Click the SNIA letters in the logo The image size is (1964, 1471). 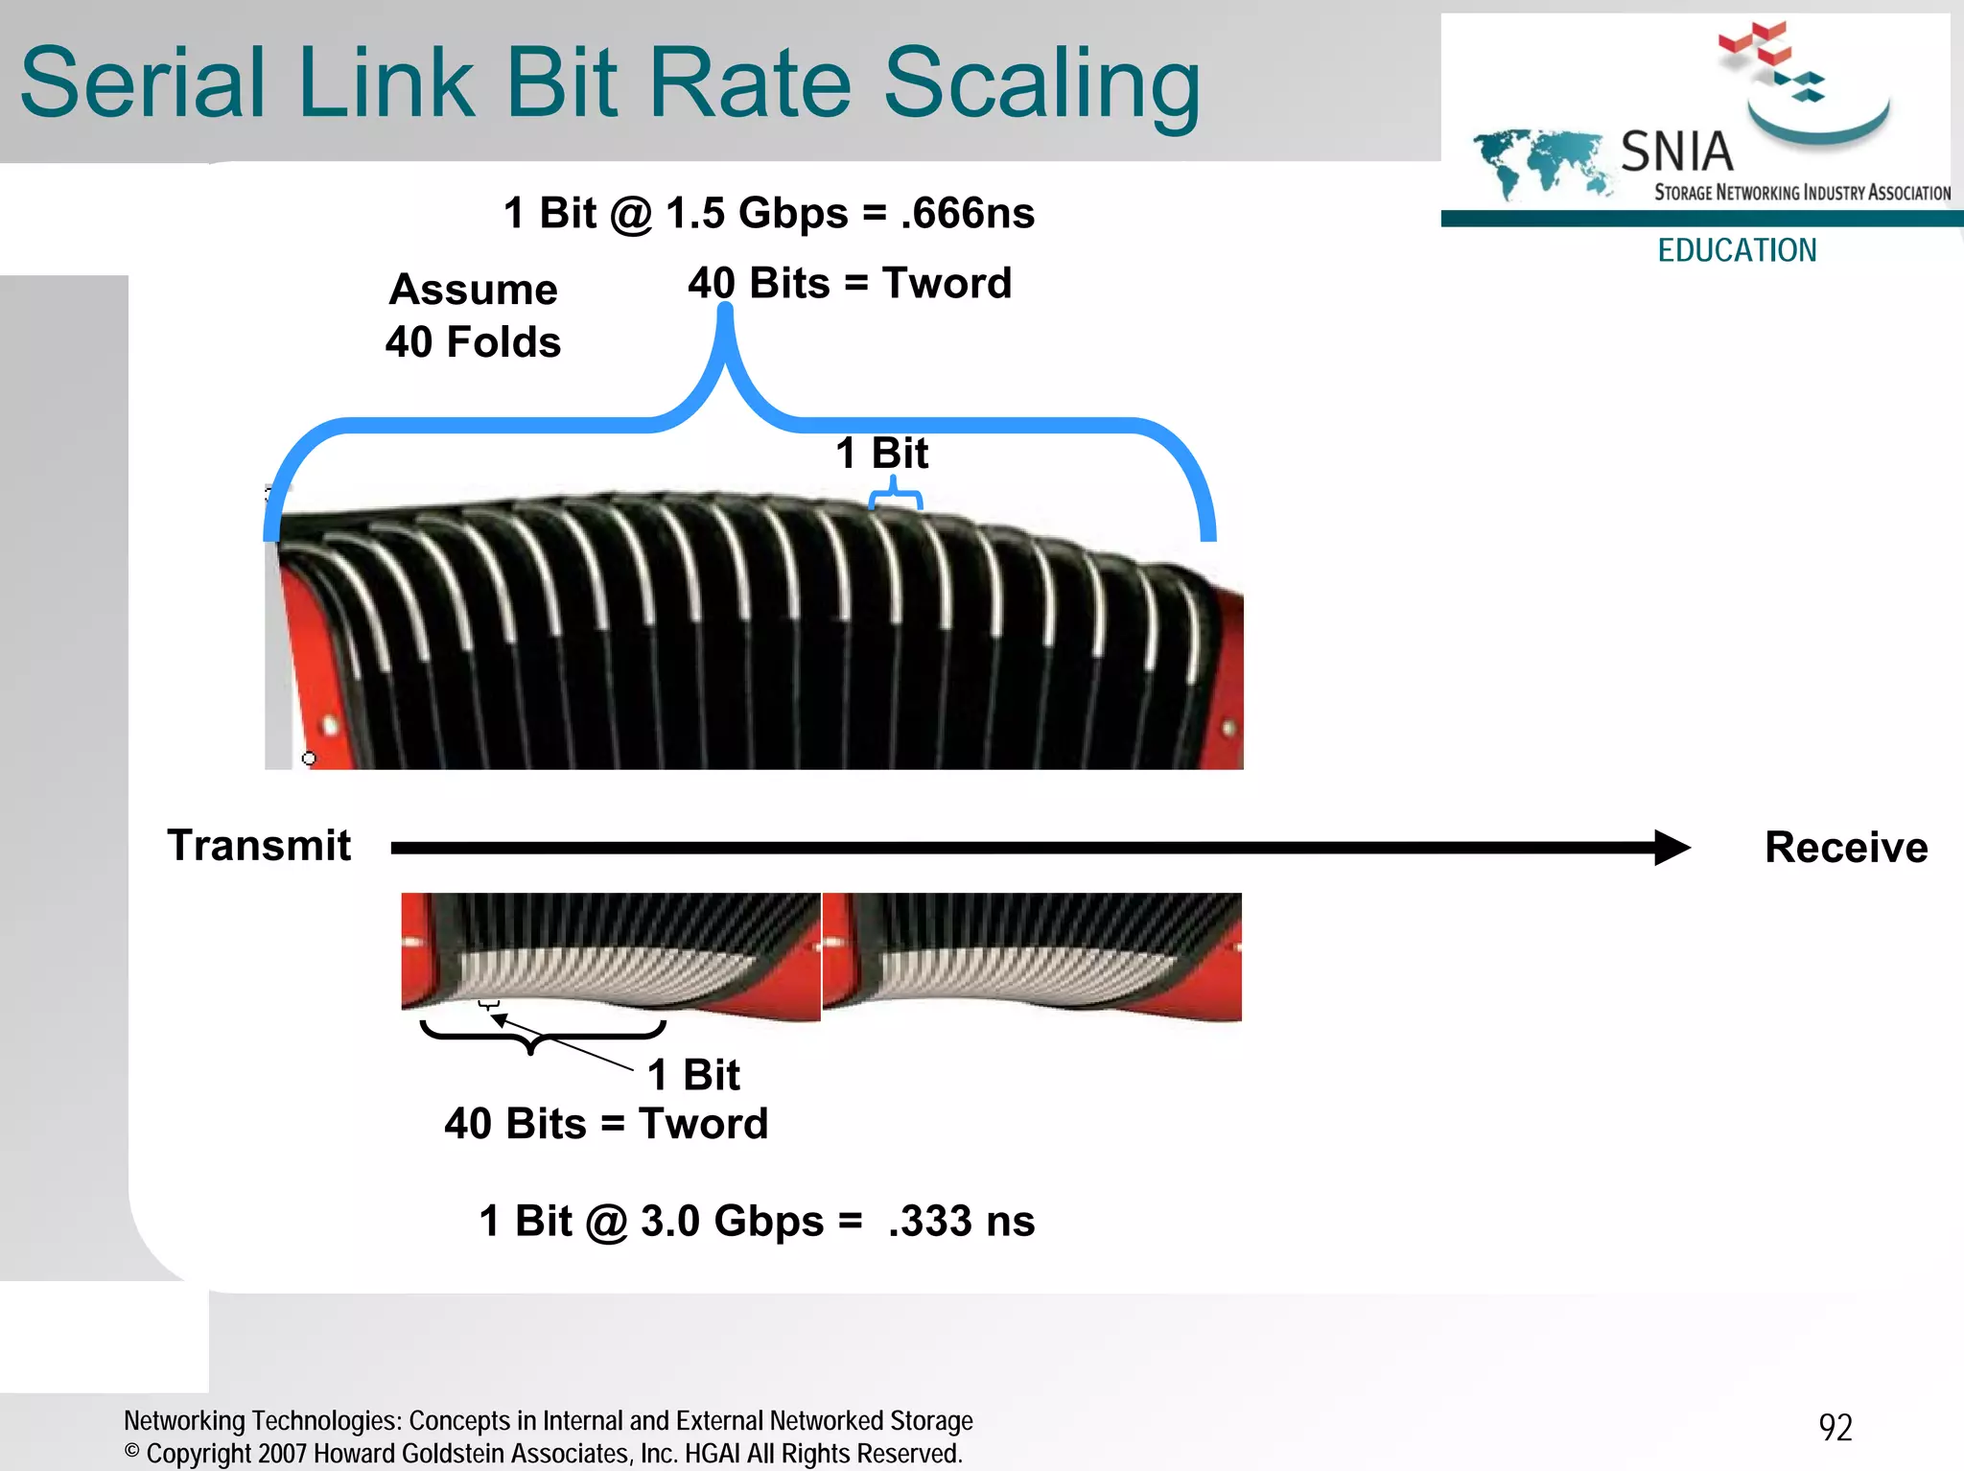[1676, 152]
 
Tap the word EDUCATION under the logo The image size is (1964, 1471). [1737, 250]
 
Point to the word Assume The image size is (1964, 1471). [473, 290]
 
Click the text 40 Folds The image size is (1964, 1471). [473, 342]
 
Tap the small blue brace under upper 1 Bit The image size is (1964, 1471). [895, 496]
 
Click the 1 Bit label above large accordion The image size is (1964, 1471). [881, 453]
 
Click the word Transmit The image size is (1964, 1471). [259, 846]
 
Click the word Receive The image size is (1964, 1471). [1846, 848]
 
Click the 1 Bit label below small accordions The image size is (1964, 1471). [693, 1075]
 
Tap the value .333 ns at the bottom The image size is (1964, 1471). [961, 1222]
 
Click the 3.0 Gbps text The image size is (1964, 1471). [732, 1222]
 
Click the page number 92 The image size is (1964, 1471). [1835, 1428]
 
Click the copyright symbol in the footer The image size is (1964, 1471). [132, 1452]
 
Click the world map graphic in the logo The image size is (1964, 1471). [1539, 162]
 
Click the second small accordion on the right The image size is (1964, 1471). [1032, 956]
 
